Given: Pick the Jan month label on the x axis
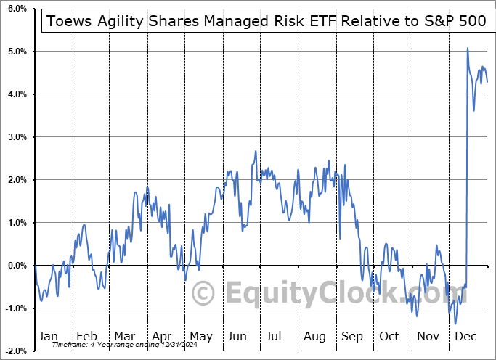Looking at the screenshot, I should click(x=47, y=336).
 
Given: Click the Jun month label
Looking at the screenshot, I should click(x=237, y=336).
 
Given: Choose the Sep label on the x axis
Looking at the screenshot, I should click(x=351, y=336).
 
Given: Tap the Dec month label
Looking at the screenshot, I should click(x=465, y=336).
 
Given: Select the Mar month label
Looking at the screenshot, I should click(x=123, y=336).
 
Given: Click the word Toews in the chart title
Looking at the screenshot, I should click(x=68, y=20).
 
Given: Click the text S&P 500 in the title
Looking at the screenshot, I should click(x=455, y=20).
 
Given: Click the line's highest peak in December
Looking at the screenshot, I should click(x=468, y=48).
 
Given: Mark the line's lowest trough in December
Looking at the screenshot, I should click(x=455, y=324).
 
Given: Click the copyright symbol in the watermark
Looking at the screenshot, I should click(x=205, y=294).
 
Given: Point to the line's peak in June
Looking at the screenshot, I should click(x=256, y=151).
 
